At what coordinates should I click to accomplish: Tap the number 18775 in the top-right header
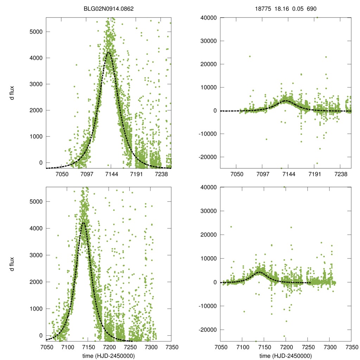click(x=262, y=10)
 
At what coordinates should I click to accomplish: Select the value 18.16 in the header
click(x=280, y=10)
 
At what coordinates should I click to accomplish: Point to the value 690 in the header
click(x=312, y=10)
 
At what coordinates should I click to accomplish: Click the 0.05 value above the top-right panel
click(x=297, y=10)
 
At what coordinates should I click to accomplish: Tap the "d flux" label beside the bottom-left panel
click(x=12, y=263)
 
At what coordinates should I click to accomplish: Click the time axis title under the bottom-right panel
click(x=286, y=356)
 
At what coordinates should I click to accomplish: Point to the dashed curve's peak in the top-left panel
click(x=109, y=52)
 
